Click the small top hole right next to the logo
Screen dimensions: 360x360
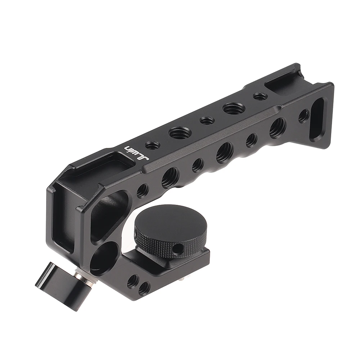[152, 145]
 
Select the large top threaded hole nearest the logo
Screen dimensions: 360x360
[180, 133]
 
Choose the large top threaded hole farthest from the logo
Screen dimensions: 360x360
[234, 108]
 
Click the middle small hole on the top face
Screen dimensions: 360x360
[207, 120]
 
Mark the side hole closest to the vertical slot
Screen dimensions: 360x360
[303, 116]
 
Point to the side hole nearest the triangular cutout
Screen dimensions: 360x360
[143, 190]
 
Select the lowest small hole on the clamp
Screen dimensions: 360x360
[144, 288]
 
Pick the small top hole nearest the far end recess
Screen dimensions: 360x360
[260, 96]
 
